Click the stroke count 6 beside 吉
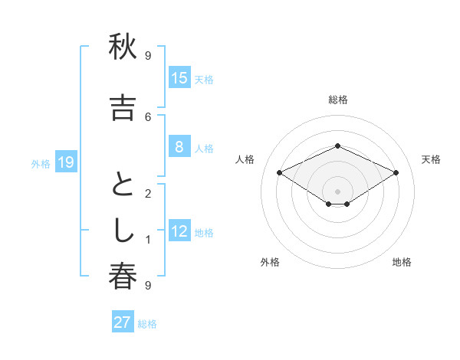tap(148, 116)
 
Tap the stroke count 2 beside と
tap(148, 194)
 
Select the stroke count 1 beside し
tap(148, 240)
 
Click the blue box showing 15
tap(179, 77)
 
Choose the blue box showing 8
tap(179, 147)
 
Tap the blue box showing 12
tap(179, 231)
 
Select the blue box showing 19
tap(65, 162)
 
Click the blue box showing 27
tap(123, 322)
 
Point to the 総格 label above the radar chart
tap(338, 100)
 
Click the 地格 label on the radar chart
tap(402, 262)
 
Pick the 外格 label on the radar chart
tap(270, 262)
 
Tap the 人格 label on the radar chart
tap(245, 159)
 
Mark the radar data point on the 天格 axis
tap(396, 173)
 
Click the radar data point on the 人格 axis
tap(280, 173)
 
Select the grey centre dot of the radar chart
tap(338, 191)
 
